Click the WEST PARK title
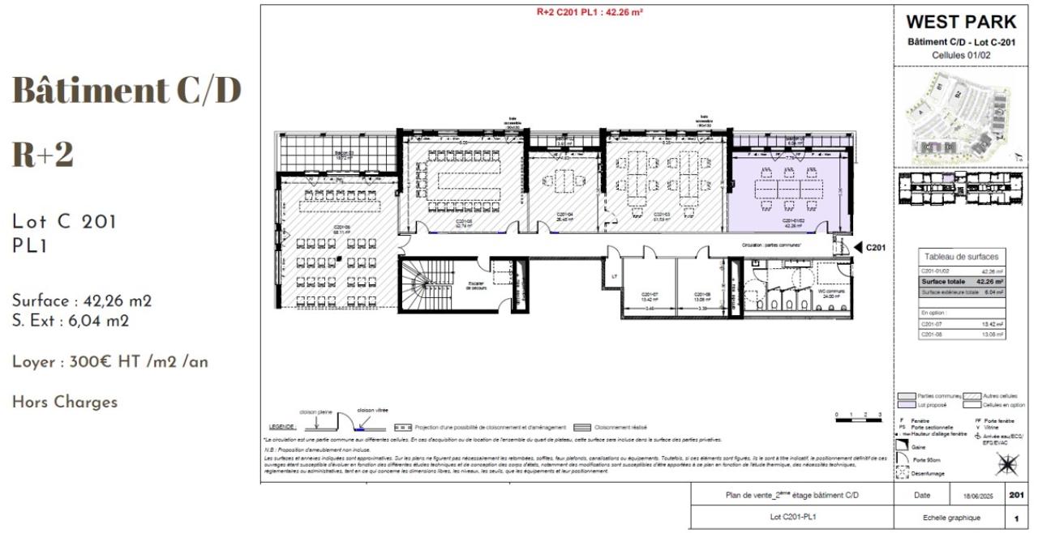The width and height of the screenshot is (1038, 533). click(x=961, y=22)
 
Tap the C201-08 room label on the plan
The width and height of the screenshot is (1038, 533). click(x=702, y=296)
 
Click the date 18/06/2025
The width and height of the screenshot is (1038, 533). click(x=979, y=495)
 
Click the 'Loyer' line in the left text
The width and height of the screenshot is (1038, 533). click(x=109, y=362)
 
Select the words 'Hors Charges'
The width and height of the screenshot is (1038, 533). click(x=64, y=402)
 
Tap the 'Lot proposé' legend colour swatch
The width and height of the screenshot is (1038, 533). click(x=907, y=404)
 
